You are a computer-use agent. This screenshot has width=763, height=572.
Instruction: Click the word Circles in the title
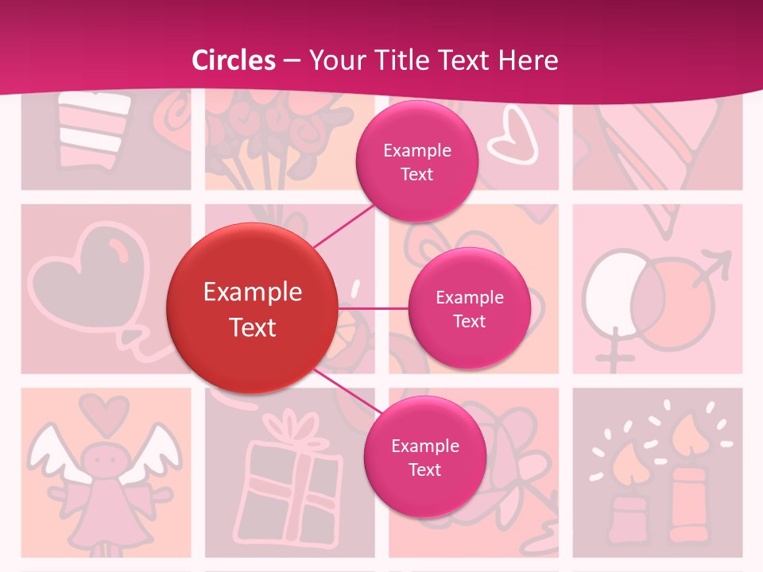tap(234, 60)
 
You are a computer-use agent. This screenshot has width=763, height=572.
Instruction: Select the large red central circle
tap(252, 308)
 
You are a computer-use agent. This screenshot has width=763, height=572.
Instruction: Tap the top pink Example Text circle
tap(416, 161)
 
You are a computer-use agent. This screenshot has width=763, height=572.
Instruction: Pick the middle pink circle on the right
tap(469, 308)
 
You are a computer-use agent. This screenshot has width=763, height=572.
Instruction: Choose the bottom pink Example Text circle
tap(424, 457)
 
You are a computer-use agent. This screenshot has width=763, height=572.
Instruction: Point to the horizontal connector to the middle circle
tap(373, 307)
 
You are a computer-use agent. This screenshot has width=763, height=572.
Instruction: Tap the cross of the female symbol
tap(613, 357)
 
